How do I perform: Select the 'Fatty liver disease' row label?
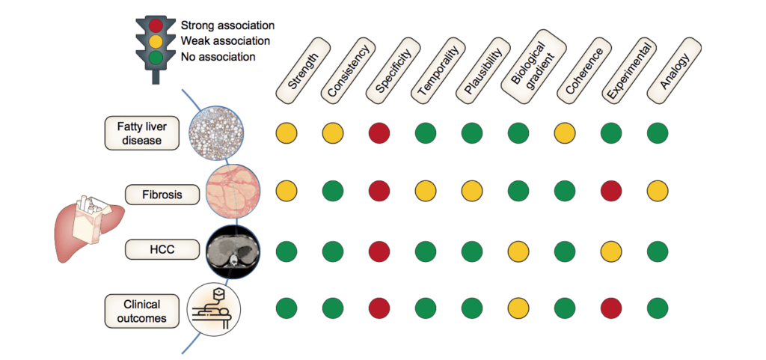(142, 133)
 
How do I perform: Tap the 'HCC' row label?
(162, 248)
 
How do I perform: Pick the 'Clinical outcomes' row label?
(142, 310)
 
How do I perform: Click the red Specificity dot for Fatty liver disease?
(379, 134)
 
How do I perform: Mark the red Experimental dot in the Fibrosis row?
(610, 190)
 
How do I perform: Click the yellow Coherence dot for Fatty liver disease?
(564, 134)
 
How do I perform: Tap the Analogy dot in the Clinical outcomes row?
(657, 308)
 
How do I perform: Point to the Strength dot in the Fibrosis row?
(287, 190)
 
